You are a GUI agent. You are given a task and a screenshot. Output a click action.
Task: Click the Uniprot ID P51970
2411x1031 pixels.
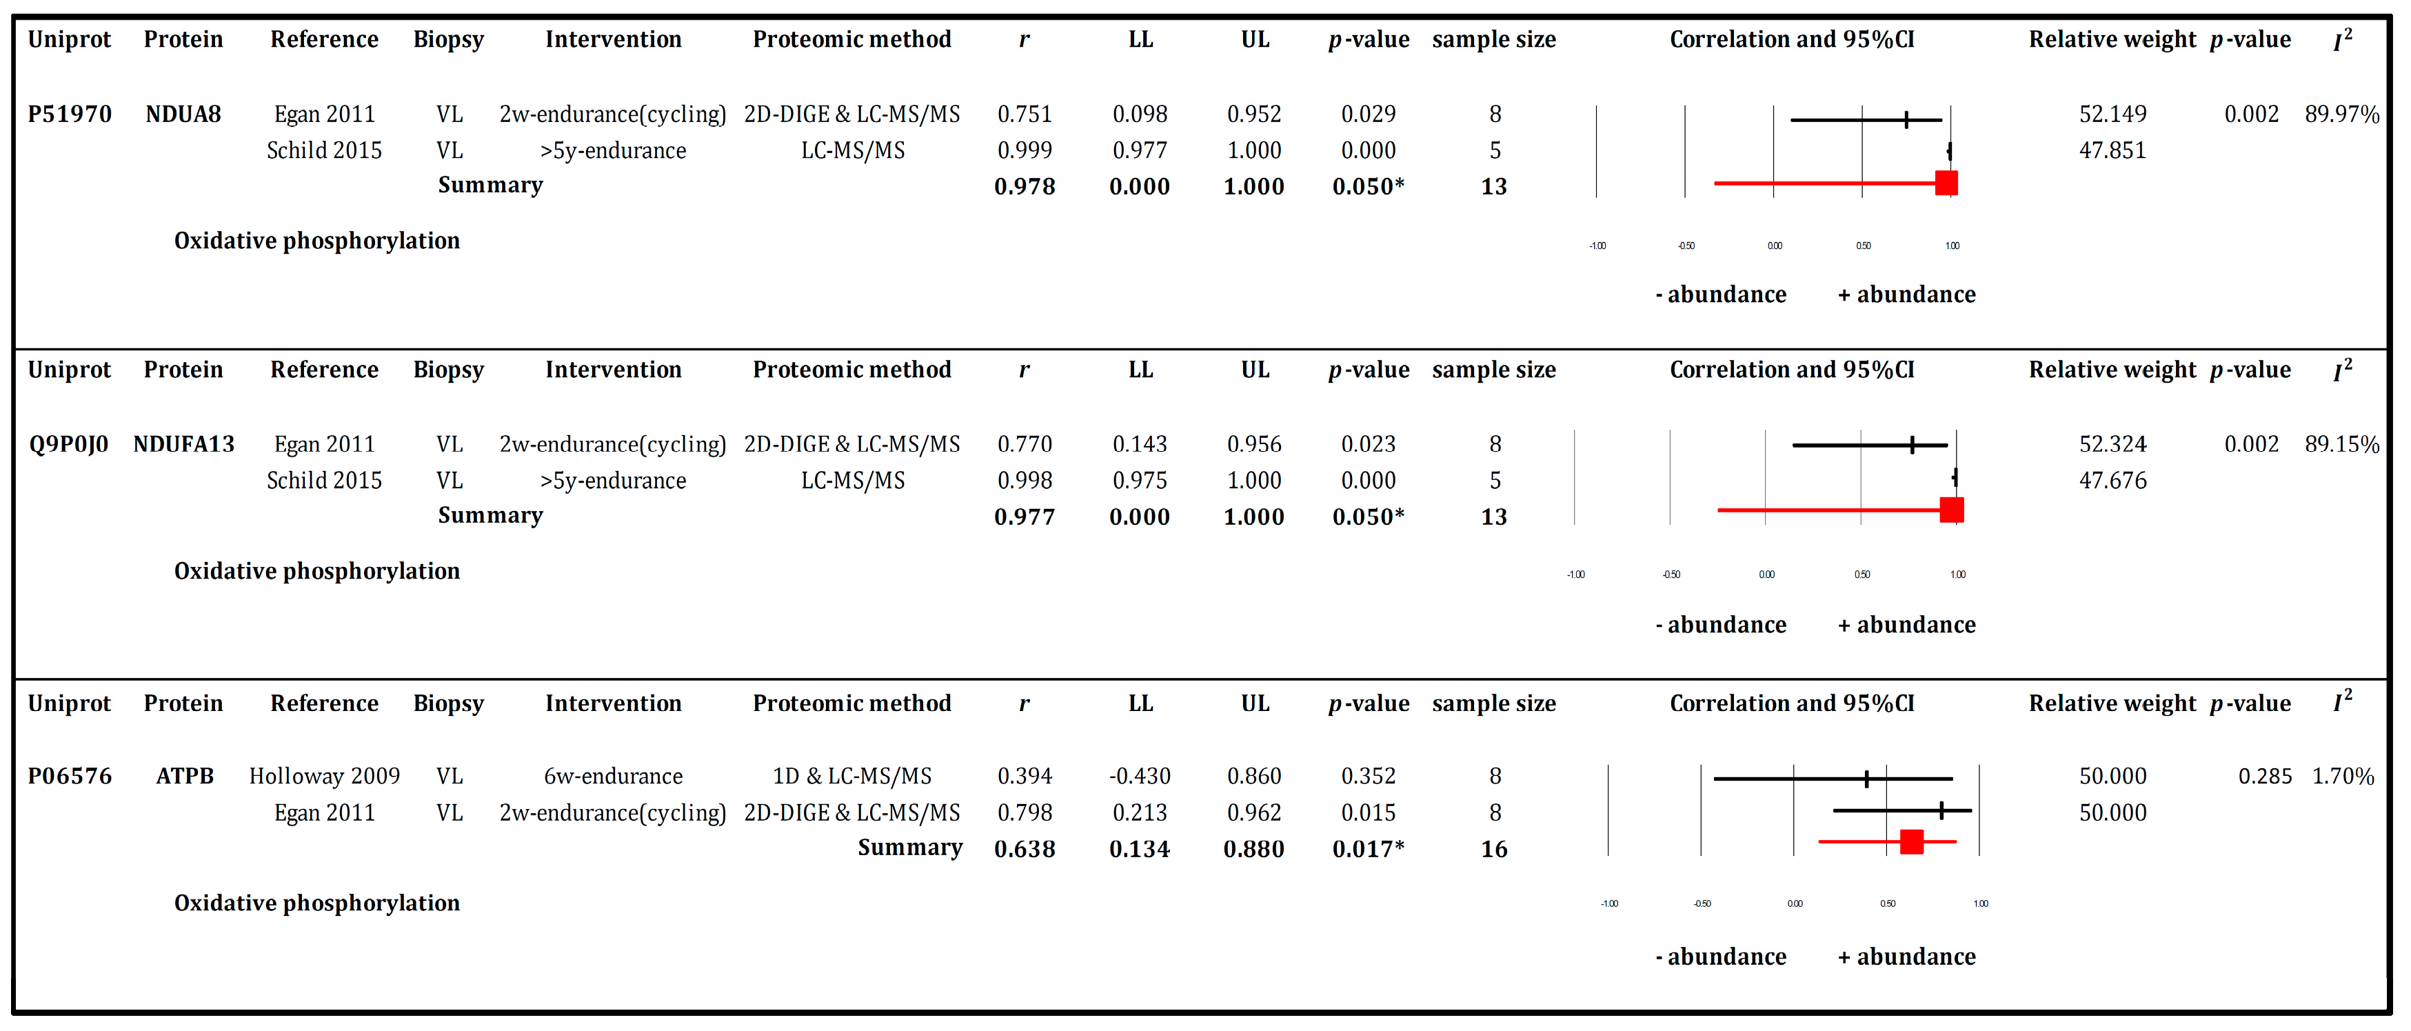click(x=69, y=114)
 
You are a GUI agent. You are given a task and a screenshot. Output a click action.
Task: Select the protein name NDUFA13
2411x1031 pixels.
click(x=183, y=444)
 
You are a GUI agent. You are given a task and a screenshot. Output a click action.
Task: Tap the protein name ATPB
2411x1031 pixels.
click(x=184, y=777)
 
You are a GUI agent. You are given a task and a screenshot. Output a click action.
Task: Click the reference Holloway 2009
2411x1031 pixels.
click(x=324, y=777)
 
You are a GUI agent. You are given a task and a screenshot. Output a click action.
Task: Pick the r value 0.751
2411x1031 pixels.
click(x=1024, y=114)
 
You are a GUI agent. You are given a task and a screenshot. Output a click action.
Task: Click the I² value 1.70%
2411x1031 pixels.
click(x=2343, y=777)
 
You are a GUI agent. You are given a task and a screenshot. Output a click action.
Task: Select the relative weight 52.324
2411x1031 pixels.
click(x=2112, y=444)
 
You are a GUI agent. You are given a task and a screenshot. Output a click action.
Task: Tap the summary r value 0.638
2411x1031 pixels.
click(x=1024, y=850)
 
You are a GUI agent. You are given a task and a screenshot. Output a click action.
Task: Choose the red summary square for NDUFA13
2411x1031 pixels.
click(x=1951, y=510)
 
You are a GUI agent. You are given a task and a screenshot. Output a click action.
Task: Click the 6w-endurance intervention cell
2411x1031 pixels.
click(x=613, y=777)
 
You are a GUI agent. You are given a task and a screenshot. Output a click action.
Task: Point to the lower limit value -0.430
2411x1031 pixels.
click(x=1139, y=777)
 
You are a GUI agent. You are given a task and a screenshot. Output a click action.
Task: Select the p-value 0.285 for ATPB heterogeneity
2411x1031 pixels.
click(x=2264, y=777)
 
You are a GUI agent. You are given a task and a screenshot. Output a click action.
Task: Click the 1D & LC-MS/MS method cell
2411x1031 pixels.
click(x=851, y=777)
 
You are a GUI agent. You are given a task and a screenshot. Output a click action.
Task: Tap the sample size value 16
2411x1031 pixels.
click(x=1494, y=850)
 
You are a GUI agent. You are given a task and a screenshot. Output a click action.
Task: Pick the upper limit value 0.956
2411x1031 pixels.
click(x=1254, y=444)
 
